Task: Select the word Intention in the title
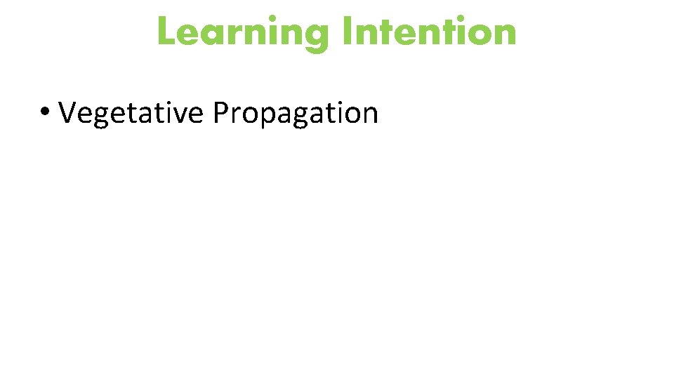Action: click(x=430, y=32)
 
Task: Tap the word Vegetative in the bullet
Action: click(x=131, y=112)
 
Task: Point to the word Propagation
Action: click(x=296, y=112)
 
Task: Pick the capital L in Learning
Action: click(x=166, y=32)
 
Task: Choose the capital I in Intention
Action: click(x=348, y=32)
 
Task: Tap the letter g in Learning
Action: click(x=317, y=36)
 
